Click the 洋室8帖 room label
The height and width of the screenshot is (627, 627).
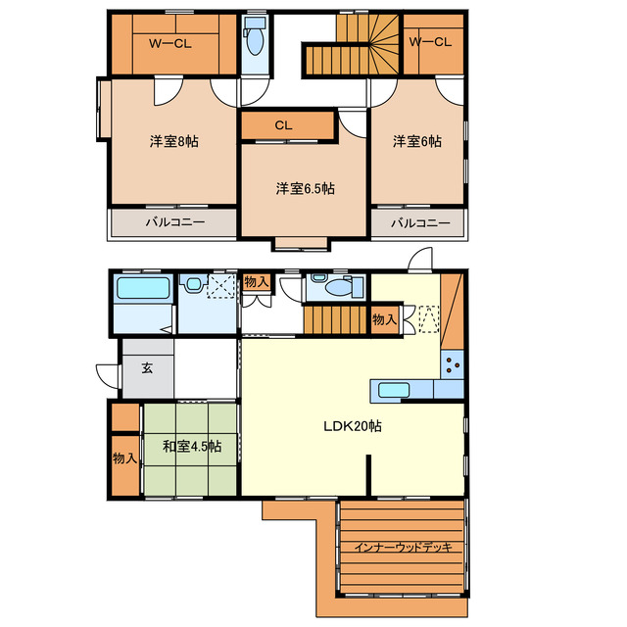[x=174, y=141]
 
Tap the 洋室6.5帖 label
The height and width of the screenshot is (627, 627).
[x=305, y=188]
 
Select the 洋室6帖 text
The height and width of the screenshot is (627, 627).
[x=417, y=141]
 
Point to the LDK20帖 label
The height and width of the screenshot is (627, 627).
[x=353, y=426]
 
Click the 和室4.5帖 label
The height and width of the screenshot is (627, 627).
[x=192, y=447]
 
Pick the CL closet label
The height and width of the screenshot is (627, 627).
[x=283, y=125]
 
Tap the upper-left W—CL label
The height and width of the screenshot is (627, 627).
[x=169, y=43]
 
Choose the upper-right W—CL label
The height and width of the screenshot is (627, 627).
[x=430, y=41]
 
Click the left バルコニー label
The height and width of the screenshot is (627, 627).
[x=175, y=222]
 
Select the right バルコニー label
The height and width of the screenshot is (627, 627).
[x=420, y=222]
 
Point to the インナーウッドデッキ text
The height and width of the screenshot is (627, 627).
[x=403, y=547]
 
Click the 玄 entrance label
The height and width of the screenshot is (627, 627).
[x=147, y=368]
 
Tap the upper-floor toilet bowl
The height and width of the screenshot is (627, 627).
[x=255, y=40]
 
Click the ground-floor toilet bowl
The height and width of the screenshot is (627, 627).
[x=339, y=287]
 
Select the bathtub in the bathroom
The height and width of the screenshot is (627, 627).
[x=143, y=288]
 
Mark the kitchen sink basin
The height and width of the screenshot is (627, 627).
[x=394, y=390]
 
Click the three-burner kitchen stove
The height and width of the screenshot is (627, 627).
[x=453, y=364]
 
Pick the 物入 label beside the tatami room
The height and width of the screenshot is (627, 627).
[x=124, y=458]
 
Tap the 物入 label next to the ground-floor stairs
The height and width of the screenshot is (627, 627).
[x=384, y=319]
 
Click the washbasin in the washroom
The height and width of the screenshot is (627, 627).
[x=193, y=284]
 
